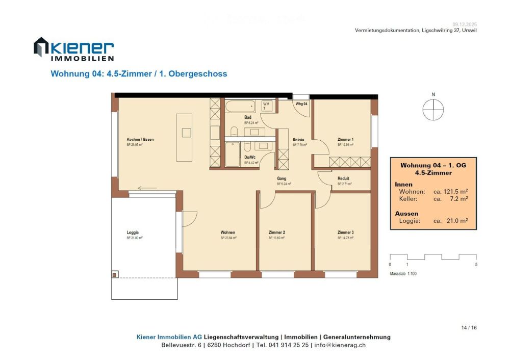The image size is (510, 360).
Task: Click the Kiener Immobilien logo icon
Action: tap(41, 47)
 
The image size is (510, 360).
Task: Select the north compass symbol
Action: tap(433, 110)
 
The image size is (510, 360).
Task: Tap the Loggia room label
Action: tap(133, 233)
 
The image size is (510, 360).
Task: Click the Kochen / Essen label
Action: tap(140, 139)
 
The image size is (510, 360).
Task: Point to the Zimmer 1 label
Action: tap(345, 139)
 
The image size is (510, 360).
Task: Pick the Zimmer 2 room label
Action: tap(276, 233)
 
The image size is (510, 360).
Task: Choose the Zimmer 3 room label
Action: tap(345, 233)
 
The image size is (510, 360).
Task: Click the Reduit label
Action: tap(343, 178)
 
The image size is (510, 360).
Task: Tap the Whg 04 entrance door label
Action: tap(301, 104)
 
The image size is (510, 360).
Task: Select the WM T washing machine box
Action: tap(267, 106)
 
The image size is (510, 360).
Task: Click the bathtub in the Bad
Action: tap(240, 107)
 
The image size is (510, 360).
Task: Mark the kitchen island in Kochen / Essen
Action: tap(184, 137)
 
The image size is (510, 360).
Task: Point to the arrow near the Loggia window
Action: tap(147, 188)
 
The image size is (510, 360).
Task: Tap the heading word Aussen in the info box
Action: tap(406, 213)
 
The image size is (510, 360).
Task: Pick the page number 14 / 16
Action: tap(469, 327)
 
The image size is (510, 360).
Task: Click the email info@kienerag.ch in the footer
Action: tap(340, 345)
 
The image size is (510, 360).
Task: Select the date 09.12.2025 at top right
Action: tap(465, 24)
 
